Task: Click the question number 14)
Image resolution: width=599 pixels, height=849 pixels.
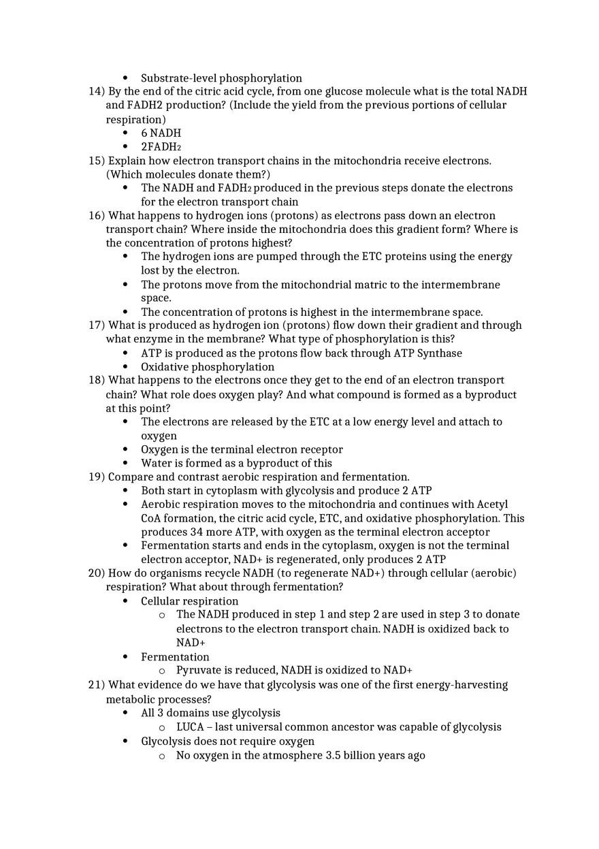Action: point(97,91)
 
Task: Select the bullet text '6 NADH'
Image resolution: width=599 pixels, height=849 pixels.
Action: point(161,133)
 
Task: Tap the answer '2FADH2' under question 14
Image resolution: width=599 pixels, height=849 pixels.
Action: point(161,146)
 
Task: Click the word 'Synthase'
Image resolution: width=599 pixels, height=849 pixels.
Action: point(439,353)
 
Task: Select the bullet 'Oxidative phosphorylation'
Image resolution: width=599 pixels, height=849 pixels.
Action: point(208,367)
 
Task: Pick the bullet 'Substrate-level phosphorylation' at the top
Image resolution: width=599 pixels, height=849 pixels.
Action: point(221,78)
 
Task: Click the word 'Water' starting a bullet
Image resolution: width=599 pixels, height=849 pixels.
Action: point(157,463)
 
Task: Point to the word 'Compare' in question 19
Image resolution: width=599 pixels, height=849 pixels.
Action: point(130,477)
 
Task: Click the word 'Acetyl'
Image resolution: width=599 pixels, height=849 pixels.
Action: point(492,504)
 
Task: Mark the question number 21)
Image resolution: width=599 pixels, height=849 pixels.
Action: point(97,685)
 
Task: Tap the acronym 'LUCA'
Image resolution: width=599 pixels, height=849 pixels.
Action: point(190,727)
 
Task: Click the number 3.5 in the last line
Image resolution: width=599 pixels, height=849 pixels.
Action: point(334,755)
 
